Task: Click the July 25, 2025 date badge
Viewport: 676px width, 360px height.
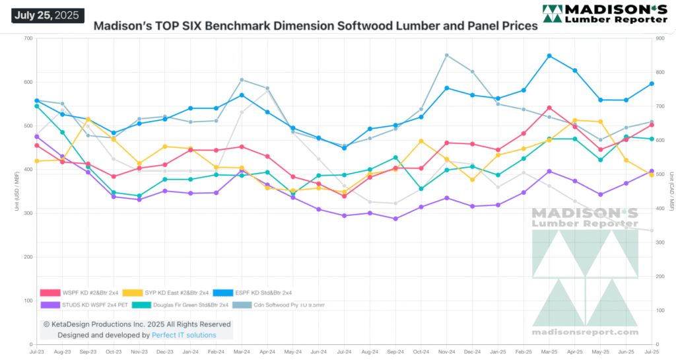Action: (x=48, y=15)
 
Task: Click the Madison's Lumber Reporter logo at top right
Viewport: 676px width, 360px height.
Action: (x=604, y=14)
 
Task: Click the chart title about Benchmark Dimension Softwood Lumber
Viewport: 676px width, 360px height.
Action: (x=316, y=27)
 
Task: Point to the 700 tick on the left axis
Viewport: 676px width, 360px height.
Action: (x=28, y=38)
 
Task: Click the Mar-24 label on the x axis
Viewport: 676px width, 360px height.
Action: (x=241, y=353)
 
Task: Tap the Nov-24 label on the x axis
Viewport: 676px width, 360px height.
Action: (x=446, y=353)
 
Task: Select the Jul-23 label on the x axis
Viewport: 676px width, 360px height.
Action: (x=36, y=353)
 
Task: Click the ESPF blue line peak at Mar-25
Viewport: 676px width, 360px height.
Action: (x=549, y=56)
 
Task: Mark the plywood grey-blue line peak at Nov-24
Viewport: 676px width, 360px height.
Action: (x=447, y=55)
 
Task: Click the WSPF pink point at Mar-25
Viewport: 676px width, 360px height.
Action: (x=549, y=108)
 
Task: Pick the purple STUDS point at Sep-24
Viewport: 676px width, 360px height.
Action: (x=395, y=219)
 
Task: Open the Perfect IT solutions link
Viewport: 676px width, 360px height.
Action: (x=184, y=335)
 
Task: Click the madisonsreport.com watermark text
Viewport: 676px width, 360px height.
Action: (x=585, y=332)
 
